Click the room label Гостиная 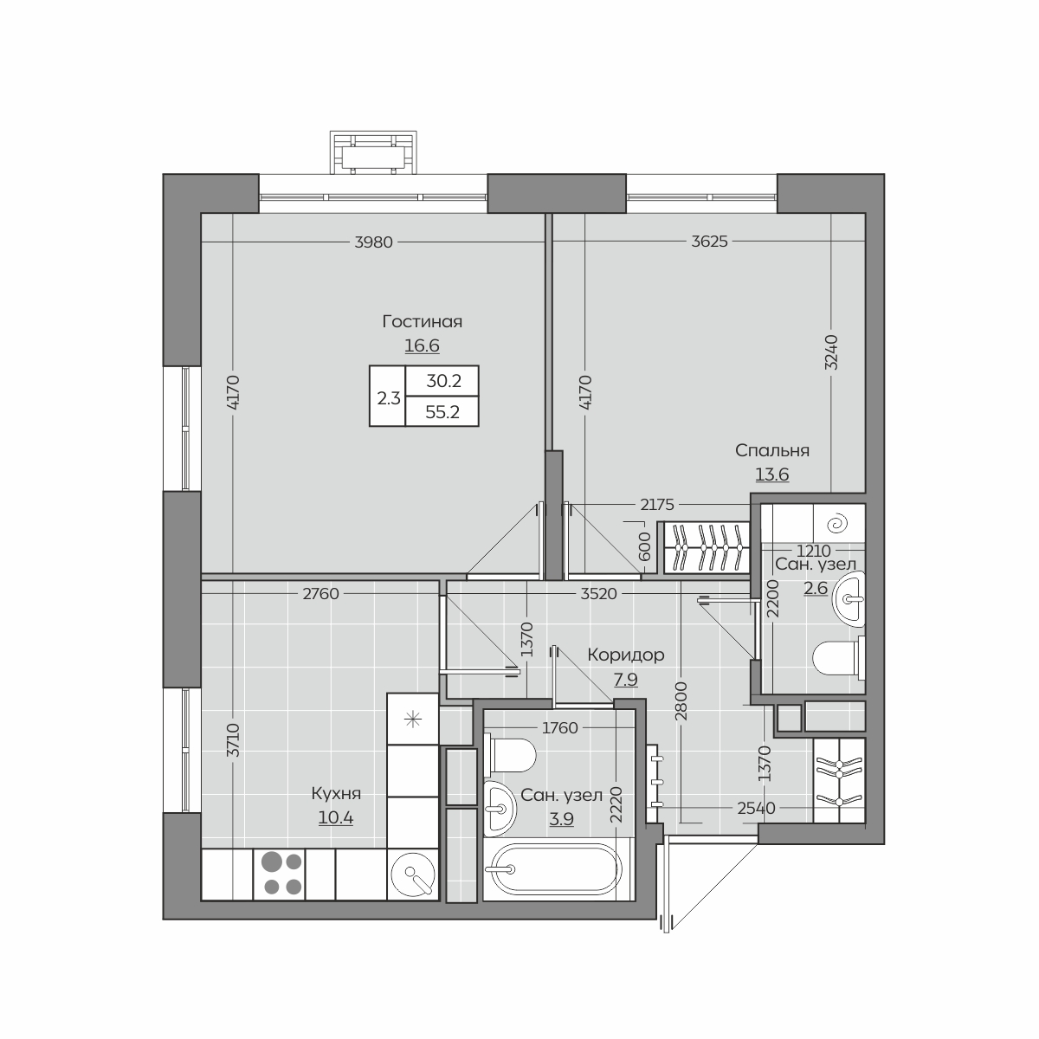click(x=422, y=322)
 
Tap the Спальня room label click(x=771, y=451)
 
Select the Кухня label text click(x=336, y=793)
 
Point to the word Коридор click(x=625, y=655)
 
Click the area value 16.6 click(x=422, y=345)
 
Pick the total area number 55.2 click(x=442, y=412)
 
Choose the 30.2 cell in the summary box click(x=443, y=381)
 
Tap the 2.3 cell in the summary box click(x=388, y=398)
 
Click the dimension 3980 click(x=374, y=242)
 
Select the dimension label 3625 click(x=710, y=242)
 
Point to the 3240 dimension click(x=831, y=352)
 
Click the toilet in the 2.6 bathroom click(x=837, y=658)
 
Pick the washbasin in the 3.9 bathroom click(x=500, y=808)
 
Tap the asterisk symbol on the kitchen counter click(x=412, y=720)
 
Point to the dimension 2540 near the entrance click(x=756, y=808)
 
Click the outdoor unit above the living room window click(x=373, y=152)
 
